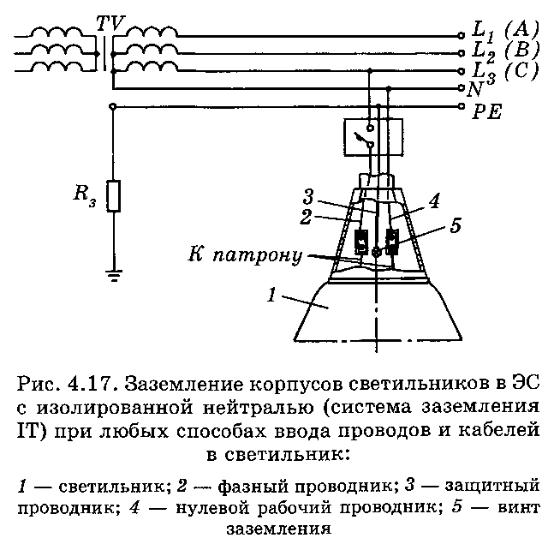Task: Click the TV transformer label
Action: (x=110, y=24)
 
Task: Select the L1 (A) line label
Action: (x=505, y=30)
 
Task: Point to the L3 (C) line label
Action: (x=505, y=72)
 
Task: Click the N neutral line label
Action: (x=475, y=89)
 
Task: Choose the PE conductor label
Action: (x=487, y=111)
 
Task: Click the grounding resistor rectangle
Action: (x=113, y=196)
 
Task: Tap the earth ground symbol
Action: (x=113, y=275)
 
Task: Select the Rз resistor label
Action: (x=85, y=195)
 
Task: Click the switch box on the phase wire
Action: (x=373, y=137)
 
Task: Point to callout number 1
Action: (x=271, y=295)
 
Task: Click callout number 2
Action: (x=306, y=217)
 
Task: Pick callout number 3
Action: (x=308, y=196)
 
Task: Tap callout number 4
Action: (x=434, y=200)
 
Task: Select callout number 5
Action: (x=456, y=225)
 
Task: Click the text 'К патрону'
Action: (x=245, y=255)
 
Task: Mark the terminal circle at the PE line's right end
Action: (x=461, y=106)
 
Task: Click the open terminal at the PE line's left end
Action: (x=113, y=106)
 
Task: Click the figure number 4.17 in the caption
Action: (x=93, y=384)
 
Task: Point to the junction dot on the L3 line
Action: (x=370, y=71)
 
